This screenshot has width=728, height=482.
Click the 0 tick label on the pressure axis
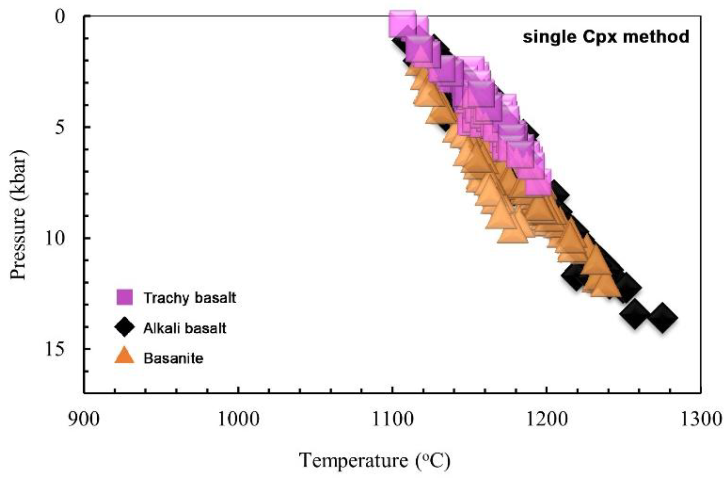point(60,17)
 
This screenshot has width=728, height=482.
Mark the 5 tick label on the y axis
point(60,128)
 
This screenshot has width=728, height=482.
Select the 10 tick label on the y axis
point(55,238)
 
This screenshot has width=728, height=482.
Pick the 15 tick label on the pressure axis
point(55,349)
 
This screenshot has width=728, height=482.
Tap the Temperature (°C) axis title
point(374,461)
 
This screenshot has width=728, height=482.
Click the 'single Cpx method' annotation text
point(606,37)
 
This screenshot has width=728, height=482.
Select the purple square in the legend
point(124,297)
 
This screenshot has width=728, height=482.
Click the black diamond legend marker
point(124,327)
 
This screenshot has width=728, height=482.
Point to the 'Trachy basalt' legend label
point(189,298)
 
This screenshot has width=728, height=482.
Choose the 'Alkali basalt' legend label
point(185,328)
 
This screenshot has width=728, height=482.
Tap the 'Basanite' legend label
point(173,358)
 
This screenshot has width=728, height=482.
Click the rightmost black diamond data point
point(662,318)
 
